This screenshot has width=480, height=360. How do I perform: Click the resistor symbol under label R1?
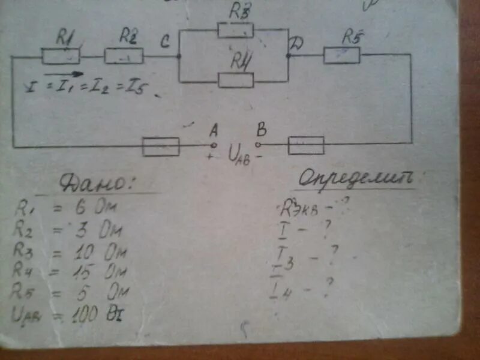61,56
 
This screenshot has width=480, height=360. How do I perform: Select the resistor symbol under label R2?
124,56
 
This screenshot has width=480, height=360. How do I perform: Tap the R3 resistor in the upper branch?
235,30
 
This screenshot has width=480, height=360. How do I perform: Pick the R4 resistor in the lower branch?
236,80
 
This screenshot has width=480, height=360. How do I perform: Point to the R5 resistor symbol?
341,55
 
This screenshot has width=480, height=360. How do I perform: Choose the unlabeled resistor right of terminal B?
306,145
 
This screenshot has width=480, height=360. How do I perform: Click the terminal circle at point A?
212,145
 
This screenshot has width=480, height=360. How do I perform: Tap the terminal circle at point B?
259,145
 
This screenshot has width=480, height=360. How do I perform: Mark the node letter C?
166,41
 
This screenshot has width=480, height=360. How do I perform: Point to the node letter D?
296,43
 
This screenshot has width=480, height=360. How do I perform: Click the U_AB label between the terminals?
238,157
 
